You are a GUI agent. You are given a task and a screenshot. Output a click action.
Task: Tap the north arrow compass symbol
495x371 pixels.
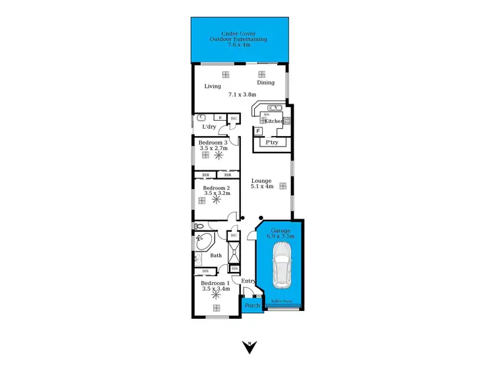(249, 347)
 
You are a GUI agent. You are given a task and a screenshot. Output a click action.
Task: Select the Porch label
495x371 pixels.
(251, 306)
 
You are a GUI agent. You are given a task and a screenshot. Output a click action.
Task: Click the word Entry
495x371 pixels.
(248, 282)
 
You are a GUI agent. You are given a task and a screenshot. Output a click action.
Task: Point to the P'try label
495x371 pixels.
(271, 143)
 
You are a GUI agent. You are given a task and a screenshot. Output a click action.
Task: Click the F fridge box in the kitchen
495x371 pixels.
(258, 131)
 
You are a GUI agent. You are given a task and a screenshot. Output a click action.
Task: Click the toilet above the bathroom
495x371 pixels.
(198, 225)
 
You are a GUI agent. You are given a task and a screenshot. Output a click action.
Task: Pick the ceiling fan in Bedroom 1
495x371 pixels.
(215, 296)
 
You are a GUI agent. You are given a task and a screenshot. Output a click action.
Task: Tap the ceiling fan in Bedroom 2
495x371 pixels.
(214, 200)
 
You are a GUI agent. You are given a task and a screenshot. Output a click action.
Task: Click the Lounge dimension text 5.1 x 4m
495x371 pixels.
(262, 186)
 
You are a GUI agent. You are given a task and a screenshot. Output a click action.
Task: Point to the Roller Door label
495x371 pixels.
(280, 301)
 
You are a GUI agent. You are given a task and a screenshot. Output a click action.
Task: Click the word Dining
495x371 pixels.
(265, 83)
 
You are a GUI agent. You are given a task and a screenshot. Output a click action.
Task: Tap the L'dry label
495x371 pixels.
(209, 127)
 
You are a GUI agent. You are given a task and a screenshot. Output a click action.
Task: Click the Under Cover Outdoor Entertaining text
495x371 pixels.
(239, 39)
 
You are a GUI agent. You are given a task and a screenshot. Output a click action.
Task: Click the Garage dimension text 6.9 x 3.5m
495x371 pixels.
(280, 236)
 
